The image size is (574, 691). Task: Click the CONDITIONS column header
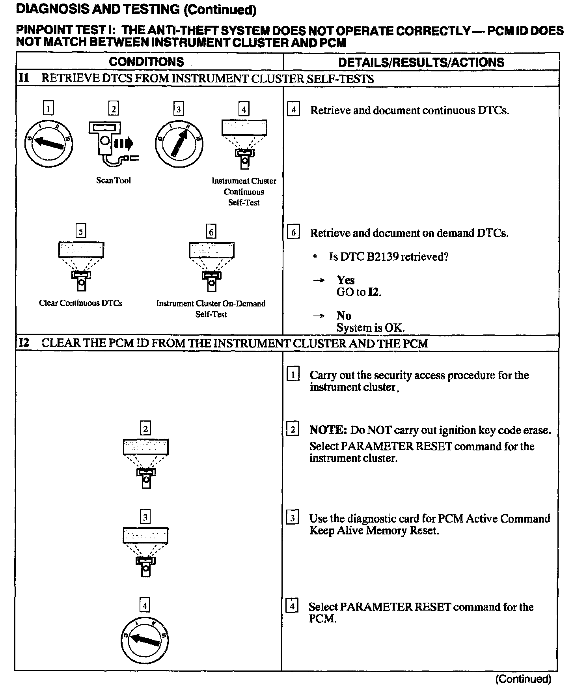tap(146, 62)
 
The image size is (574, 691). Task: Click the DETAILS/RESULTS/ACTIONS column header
tap(421, 62)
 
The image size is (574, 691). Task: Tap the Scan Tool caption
tap(113, 180)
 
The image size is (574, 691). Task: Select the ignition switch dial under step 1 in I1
tap(48, 143)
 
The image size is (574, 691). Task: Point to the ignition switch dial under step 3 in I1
tap(179, 144)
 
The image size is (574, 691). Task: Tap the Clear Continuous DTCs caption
tap(80, 303)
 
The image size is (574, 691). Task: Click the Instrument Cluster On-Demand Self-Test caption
tap(211, 308)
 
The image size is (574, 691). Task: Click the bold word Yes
tap(345, 280)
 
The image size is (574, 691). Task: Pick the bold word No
tap(344, 316)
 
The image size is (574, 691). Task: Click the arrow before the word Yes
tap(319, 280)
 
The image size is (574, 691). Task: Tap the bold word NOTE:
tap(328, 430)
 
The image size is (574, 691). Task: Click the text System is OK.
tap(370, 328)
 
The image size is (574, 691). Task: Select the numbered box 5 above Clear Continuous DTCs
tap(80, 231)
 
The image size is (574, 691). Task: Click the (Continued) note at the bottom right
tap(523, 679)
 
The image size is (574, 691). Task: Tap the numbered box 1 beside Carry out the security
tap(293, 374)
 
